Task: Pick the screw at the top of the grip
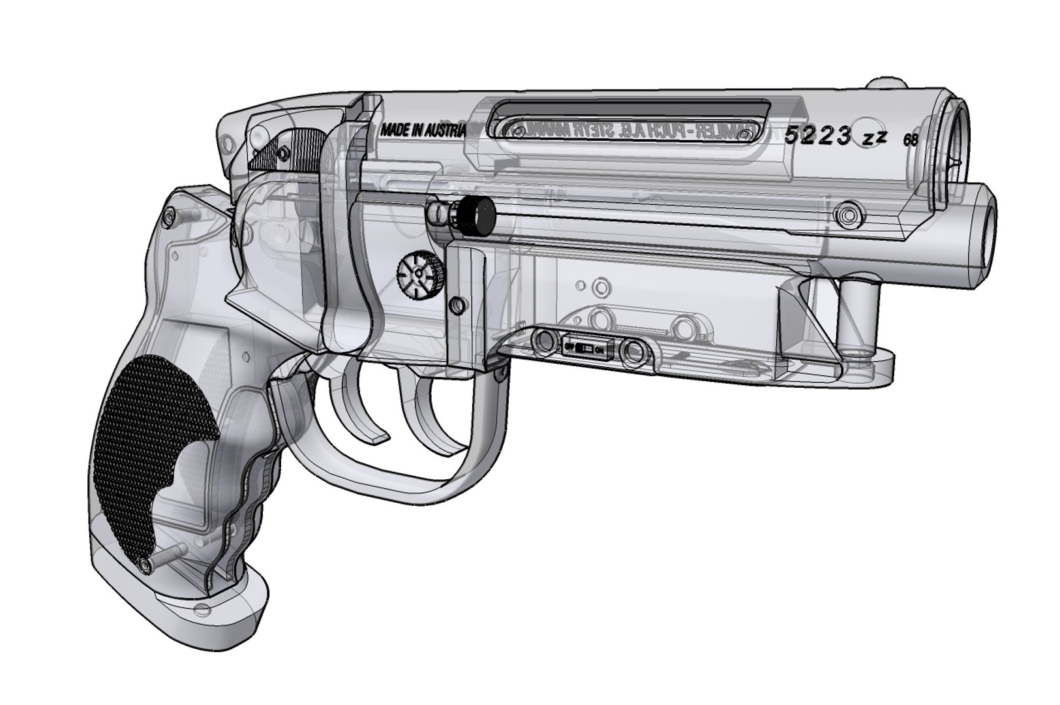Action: pyautogui.click(x=170, y=215)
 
